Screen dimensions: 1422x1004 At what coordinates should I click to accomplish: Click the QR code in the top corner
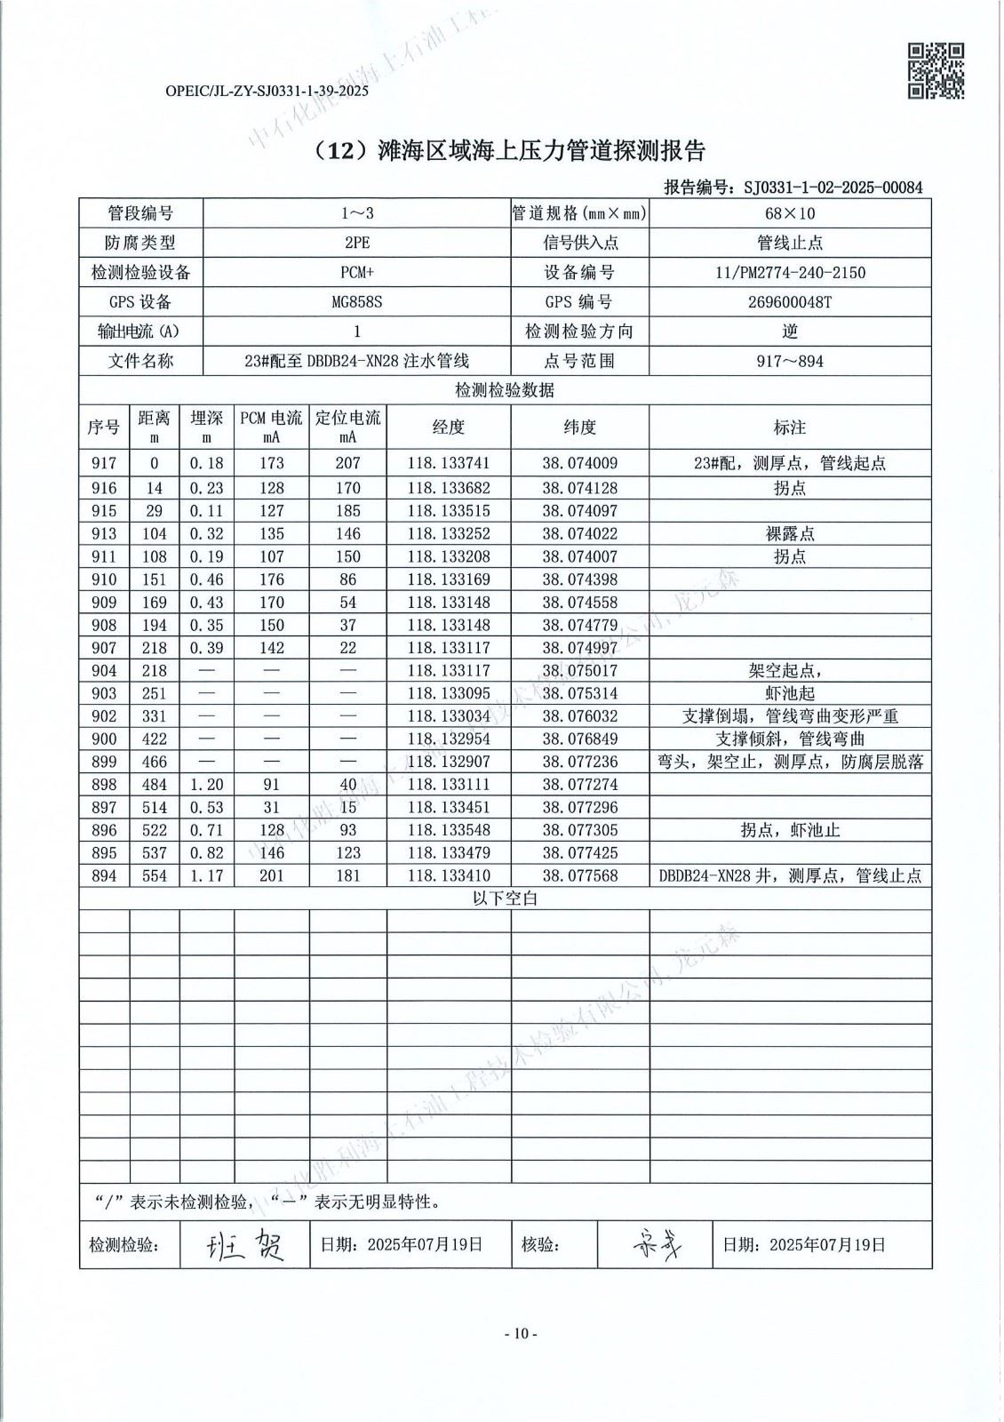pyautogui.click(x=935, y=70)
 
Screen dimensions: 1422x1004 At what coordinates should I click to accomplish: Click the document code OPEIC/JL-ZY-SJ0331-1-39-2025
pyautogui.click(x=267, y=91)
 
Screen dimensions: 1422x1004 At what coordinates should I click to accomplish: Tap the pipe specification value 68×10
pyautogui.click(x=790, y=213)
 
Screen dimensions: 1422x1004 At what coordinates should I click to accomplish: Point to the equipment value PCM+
pyautogui.click(x=356, y=272)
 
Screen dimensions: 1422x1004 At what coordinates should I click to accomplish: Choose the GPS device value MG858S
pyautogui.click(x=356, y=301)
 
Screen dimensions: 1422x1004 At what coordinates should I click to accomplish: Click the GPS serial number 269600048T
pyautogui.click(x=790, y=301)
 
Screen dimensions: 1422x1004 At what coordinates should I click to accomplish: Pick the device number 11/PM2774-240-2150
pyautogui.click(x=790, y=272)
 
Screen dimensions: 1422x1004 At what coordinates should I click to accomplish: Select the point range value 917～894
pyautogui.click(x=790, y=361)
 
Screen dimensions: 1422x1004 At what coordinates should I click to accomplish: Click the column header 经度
pyautogui.click(x=449, y=427)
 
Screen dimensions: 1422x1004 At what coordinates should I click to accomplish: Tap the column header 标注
pyautogui.click(x=790, y=427)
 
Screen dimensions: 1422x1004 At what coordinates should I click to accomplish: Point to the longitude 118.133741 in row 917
pyautogui.click(x=449, y=463)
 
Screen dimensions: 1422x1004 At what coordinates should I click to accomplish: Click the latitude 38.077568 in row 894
pyautogui.click(x=579, y=875)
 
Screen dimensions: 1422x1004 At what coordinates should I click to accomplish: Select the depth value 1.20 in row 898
pyautogui.click(x=207, y=784)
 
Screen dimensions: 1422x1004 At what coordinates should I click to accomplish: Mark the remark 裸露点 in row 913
pyautogui.click(x=790, y=533)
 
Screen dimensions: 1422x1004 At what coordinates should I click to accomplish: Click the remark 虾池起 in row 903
pyautogui.click(x=790, y=693)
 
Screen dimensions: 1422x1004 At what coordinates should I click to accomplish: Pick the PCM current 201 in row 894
pyautogui.click(x=272, y=875)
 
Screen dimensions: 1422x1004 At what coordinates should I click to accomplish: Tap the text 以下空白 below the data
pyautogui.click(x=505, y=899)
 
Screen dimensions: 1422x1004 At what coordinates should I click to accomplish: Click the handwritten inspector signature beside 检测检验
pyautogui.click(x=243, y=1245)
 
